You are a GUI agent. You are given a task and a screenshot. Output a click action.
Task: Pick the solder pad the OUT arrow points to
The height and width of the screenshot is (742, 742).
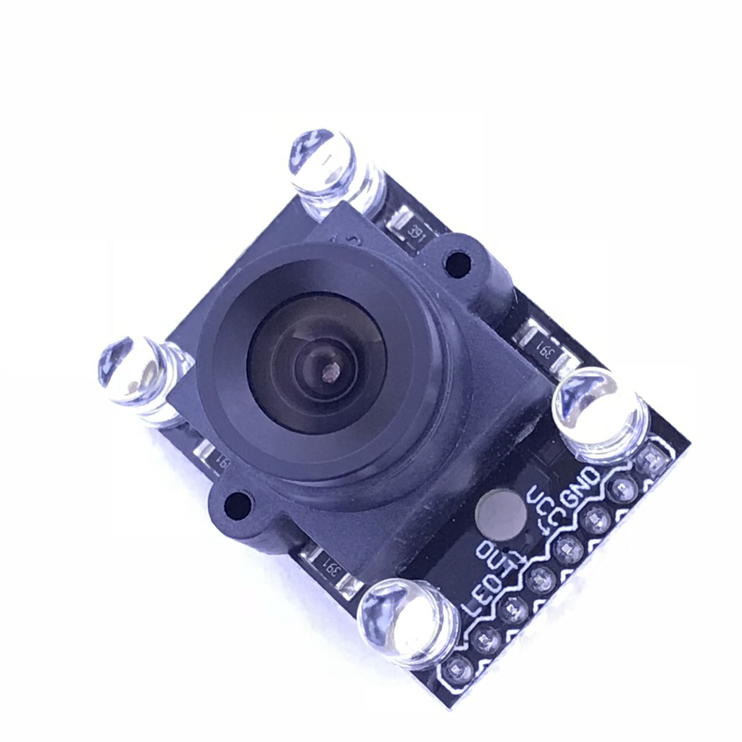[x=539, y=578]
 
